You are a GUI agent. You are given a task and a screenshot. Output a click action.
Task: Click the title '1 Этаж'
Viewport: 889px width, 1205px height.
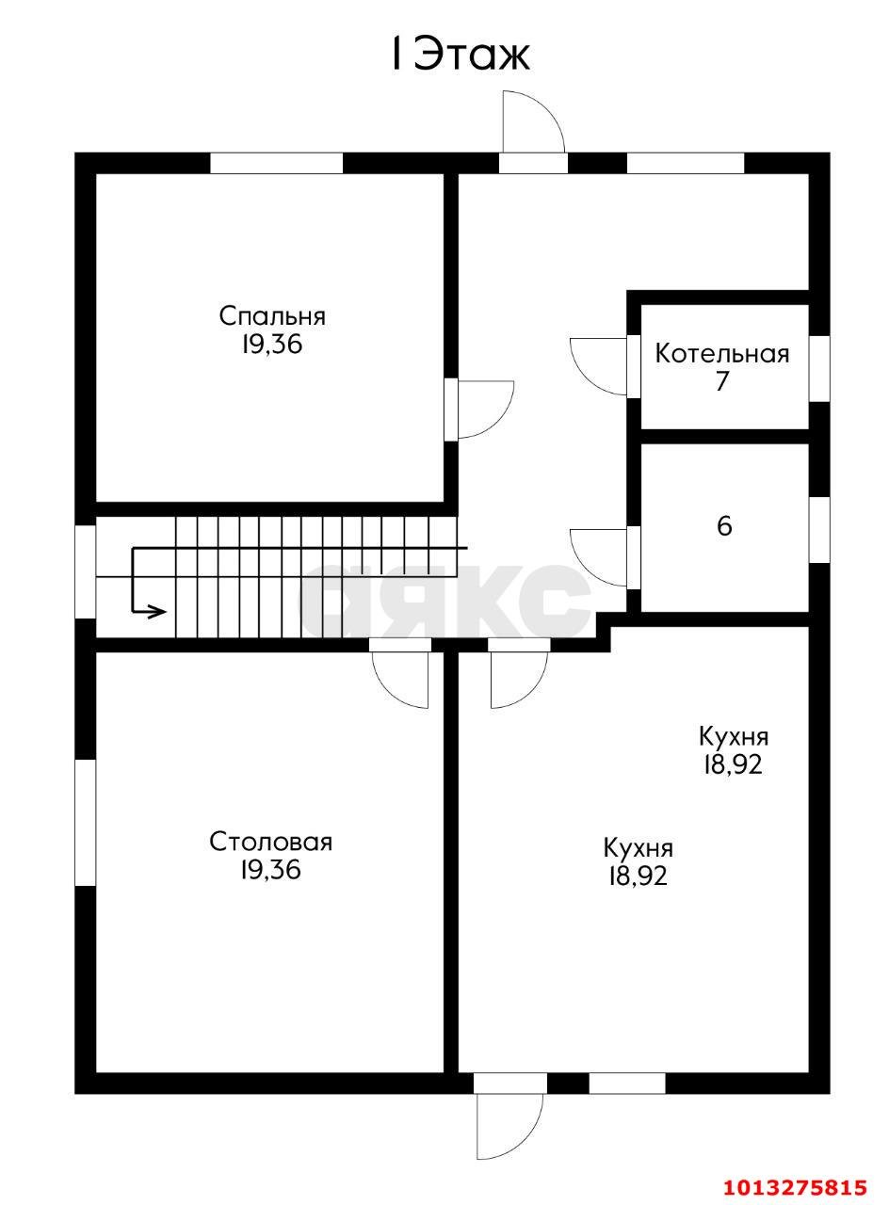(461, 56)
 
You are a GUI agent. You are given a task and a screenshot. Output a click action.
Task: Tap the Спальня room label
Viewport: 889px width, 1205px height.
(272, 316)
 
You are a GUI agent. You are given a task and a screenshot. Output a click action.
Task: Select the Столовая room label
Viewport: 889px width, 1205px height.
(270, 842)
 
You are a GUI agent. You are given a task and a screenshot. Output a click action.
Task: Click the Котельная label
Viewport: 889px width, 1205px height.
(722, 355)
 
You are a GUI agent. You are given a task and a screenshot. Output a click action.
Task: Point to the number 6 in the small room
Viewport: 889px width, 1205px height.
(724, 526)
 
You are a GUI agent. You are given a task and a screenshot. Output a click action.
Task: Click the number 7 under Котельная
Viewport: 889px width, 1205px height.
(721, 381)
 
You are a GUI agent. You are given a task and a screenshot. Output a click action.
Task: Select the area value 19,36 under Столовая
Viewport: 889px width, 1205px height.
(270, 869)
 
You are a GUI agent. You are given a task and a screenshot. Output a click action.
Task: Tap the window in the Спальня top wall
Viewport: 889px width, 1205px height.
(276, 163)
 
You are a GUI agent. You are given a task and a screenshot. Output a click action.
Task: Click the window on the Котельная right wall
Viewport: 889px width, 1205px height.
(819, 369)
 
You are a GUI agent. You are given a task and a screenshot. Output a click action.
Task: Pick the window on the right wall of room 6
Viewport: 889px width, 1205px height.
(819, 530)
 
